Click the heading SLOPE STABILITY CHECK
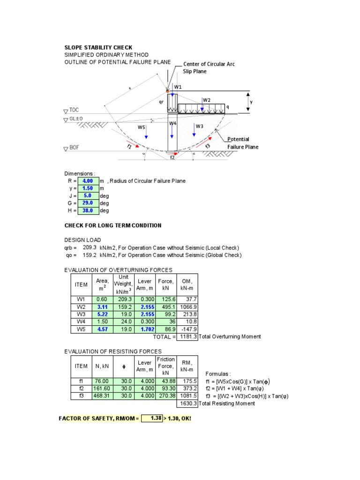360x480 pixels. pos(98,47)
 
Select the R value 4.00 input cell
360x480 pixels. pos(88,181)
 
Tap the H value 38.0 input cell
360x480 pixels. pos(88,210)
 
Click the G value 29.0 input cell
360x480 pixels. pos(88,203)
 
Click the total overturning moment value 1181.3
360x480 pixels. pos(187,337)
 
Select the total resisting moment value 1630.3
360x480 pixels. pos(187,404)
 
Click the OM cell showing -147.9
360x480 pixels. pos(187,329)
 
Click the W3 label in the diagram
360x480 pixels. pos(200,126)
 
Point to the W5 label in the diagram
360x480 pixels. pos(141,127)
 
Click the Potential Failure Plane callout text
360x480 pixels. pos(242,143)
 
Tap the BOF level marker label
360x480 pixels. pos(74,148)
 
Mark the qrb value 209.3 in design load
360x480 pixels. pos(89,247)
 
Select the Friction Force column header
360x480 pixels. pos(166,366)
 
